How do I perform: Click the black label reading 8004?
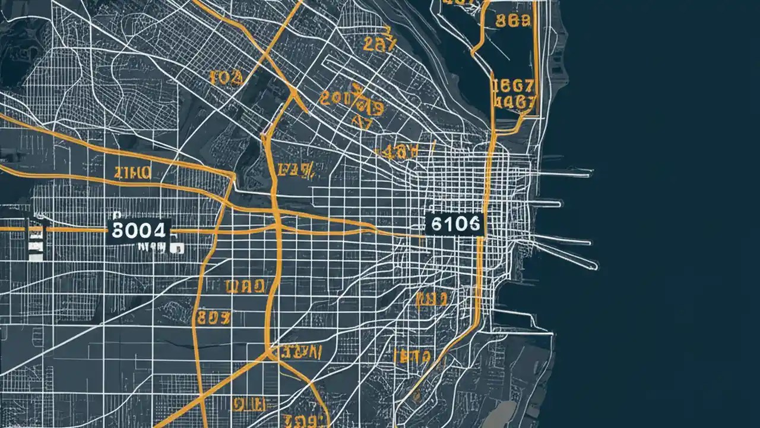pos(139,231)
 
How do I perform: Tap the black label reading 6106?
pos(455,224)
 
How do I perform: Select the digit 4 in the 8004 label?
pos(159,231)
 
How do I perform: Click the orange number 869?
pos(512,21)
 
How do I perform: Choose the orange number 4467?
pos(514,102)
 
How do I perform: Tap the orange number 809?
pos(214,318)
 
